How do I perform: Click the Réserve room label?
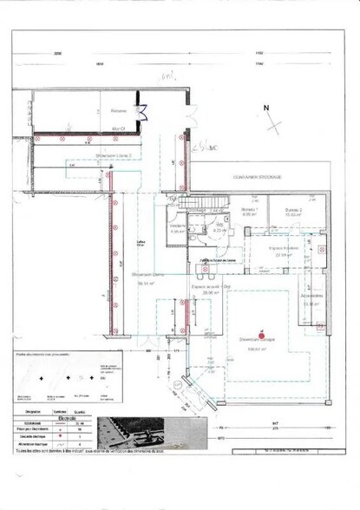click(119, 110)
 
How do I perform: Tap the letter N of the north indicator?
click(266, 107)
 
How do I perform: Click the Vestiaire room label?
click(177, 228)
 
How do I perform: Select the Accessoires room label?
click(312, 299)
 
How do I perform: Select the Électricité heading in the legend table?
click(60, 416)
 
